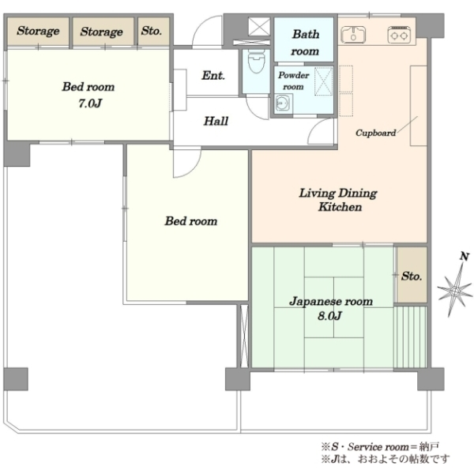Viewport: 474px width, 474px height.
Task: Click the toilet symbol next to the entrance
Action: (256, 62)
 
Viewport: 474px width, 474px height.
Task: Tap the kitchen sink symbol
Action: (353, 34)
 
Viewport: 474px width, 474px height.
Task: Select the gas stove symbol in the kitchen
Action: (399, 35)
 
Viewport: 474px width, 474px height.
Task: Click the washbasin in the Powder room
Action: (284, 103)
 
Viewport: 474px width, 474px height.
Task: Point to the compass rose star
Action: (455, 291)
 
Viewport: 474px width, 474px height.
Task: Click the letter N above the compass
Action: (465, 256)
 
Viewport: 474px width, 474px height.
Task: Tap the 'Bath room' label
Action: (305, 43)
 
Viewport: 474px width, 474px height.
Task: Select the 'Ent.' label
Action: (213, 75)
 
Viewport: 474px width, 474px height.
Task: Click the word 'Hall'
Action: (216, 121)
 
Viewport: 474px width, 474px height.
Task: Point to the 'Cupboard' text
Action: (375, 133)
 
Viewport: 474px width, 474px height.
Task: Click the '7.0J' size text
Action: (90, 103)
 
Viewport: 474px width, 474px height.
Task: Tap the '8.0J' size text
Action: (329, 316)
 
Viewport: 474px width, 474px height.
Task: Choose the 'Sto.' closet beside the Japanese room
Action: (412, 275)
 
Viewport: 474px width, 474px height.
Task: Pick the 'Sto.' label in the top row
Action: (152, 31)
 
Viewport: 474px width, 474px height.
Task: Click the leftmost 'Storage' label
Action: (38, 31)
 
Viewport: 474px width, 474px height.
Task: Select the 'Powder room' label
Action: (293, 81)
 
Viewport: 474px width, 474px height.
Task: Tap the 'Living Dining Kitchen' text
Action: (339, 200)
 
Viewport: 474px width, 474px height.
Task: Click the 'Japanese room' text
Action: (331, 302)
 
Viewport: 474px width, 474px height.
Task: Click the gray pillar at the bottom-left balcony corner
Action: (16, 378)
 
